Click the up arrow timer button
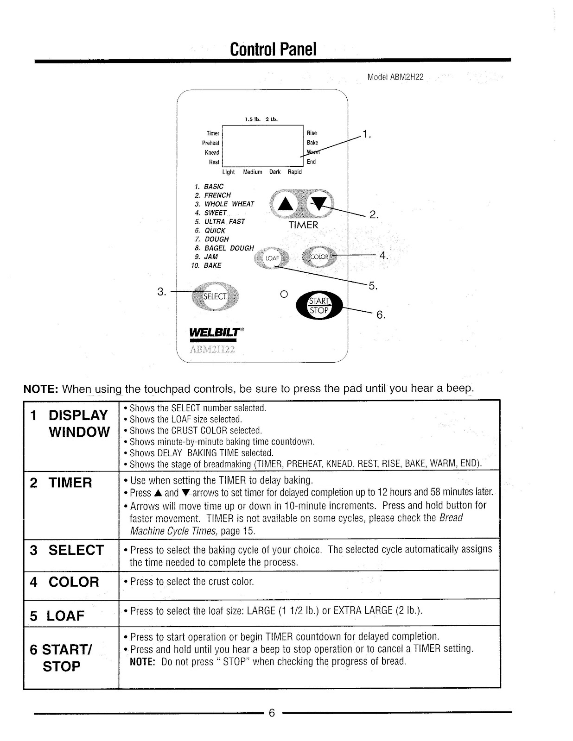(x=287, y=204)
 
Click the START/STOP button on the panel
(x=319, y=306)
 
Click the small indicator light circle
(x=284, y=294)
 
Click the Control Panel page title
(x=273, y=49)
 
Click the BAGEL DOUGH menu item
(x=229, y=248)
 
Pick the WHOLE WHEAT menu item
(x=229, y=204)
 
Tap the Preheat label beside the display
(x=210, y=143)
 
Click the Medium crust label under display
(x=253, y=172)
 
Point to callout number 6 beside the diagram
(x=381, y=315)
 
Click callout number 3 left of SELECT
(x=161, y=292)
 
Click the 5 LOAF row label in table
(x=57, y=616)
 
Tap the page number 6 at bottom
(x=272, y=713)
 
